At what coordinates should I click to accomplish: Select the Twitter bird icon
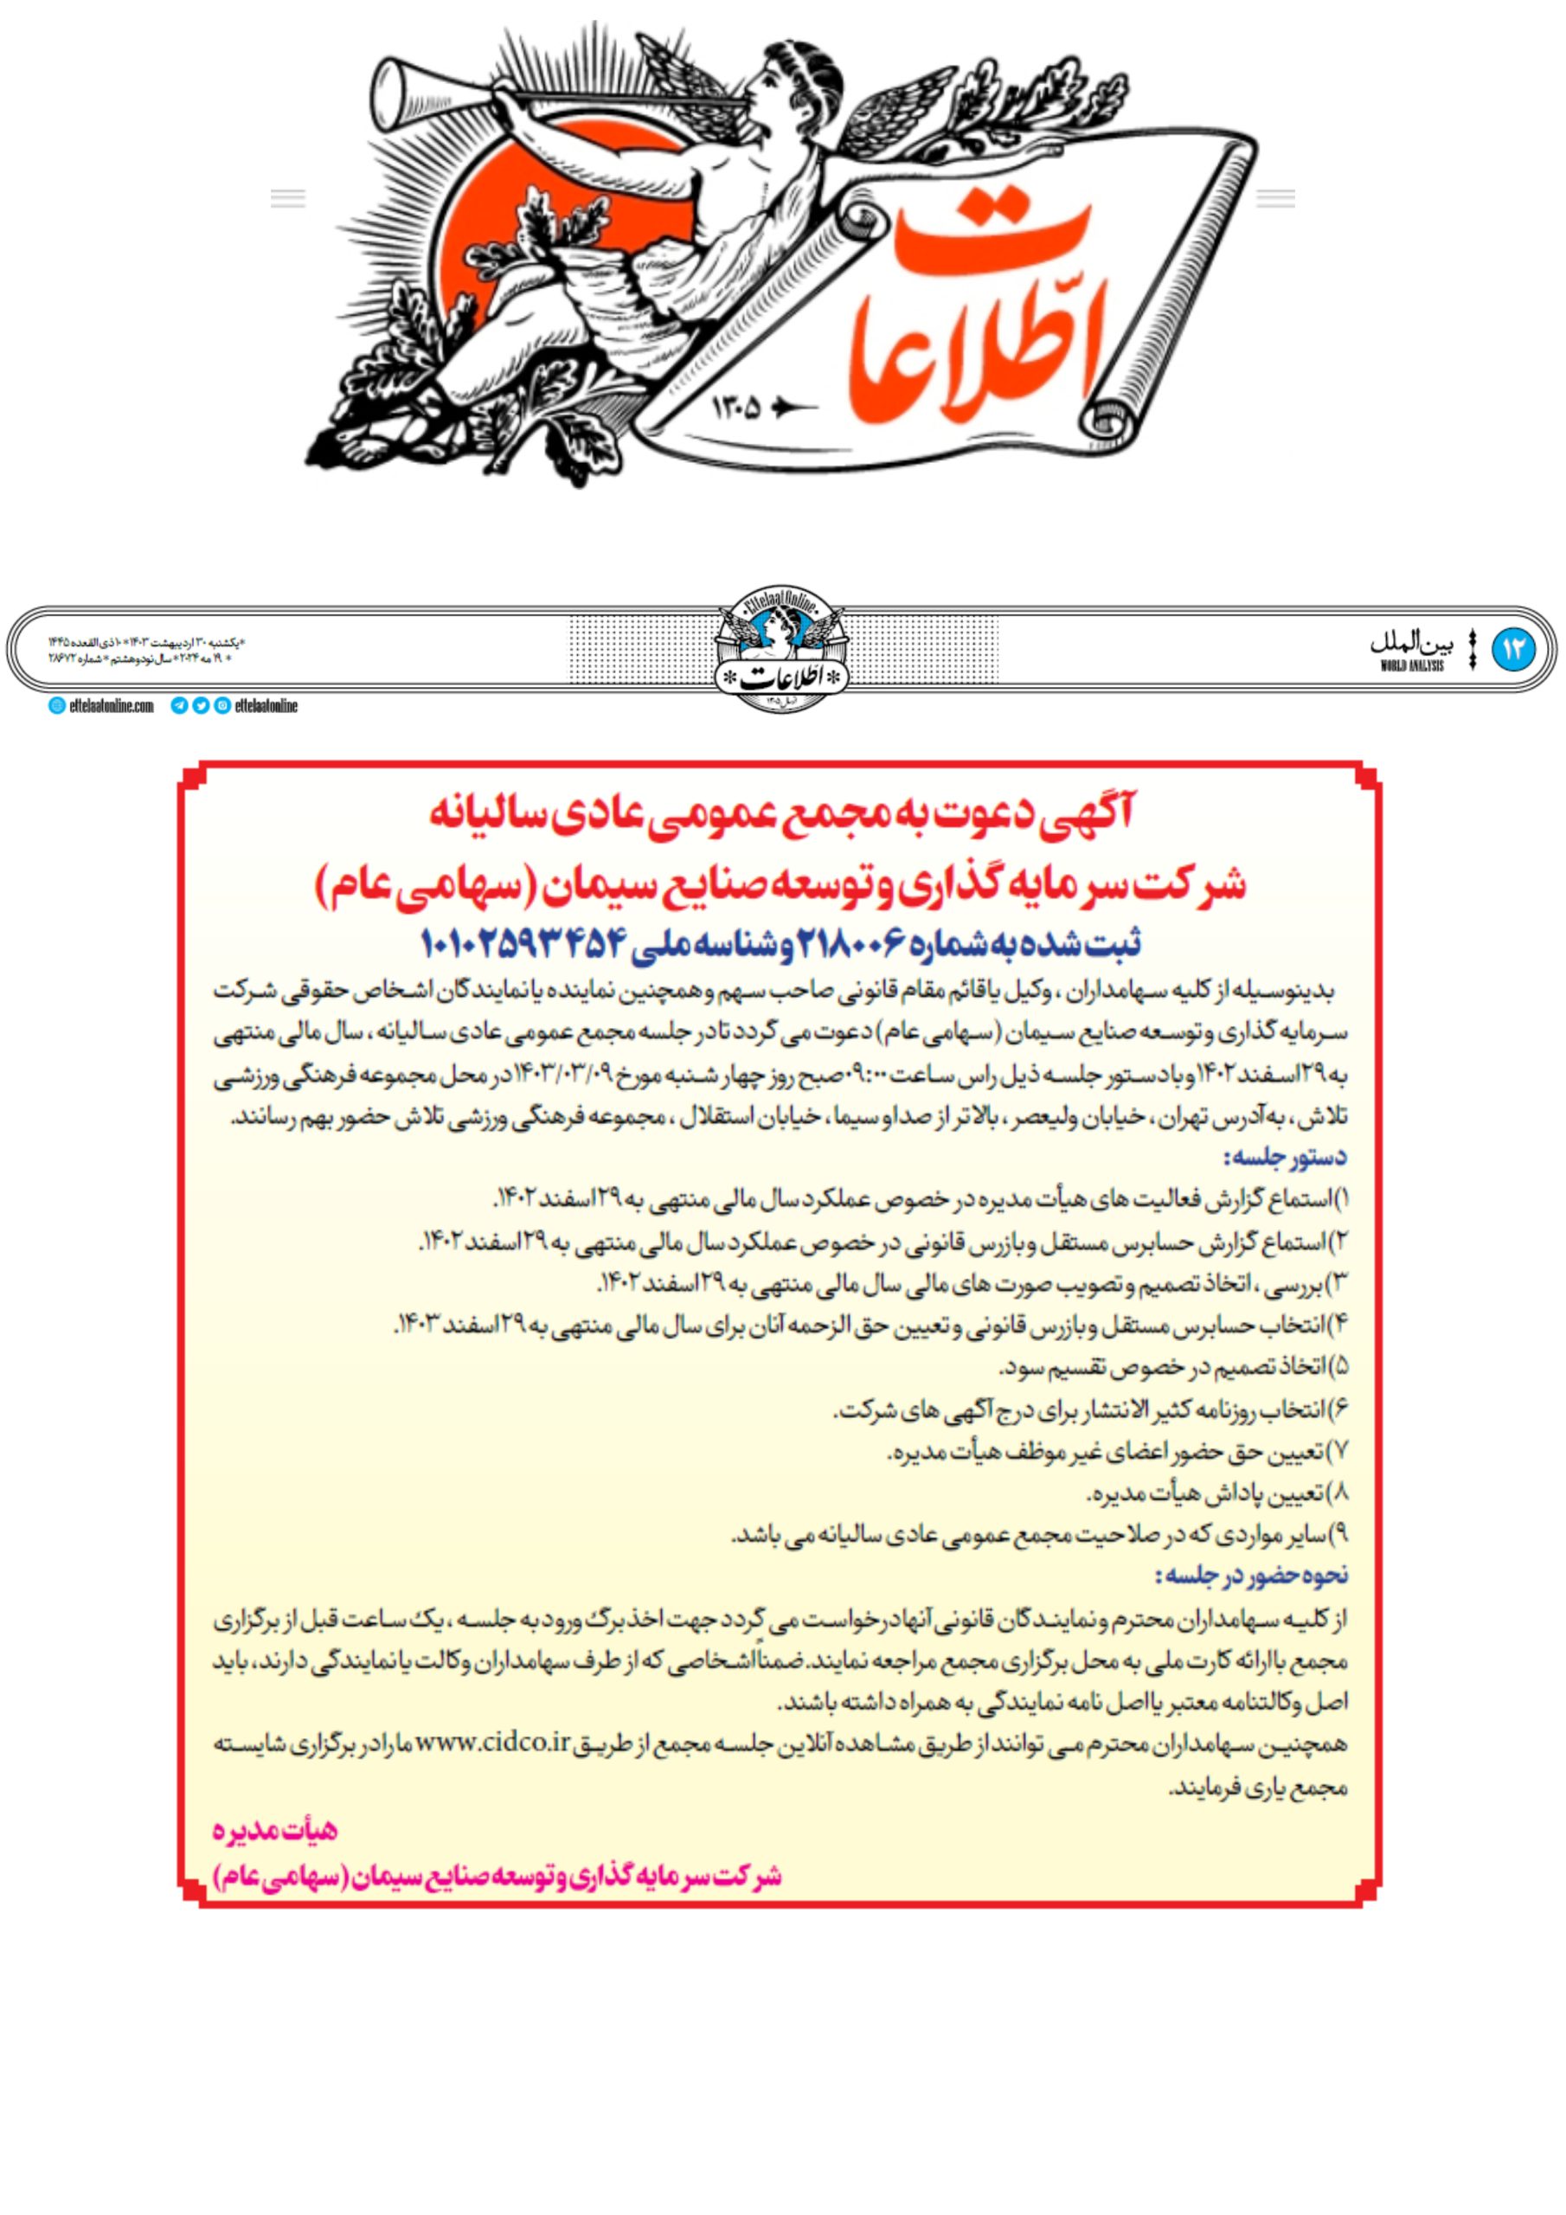coord(201,706)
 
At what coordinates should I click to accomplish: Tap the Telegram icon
coord(178,706)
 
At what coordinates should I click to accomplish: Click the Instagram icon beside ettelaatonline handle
coord(223,706)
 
